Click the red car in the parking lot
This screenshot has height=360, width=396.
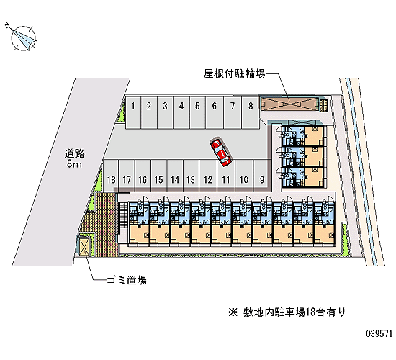pos(221,153)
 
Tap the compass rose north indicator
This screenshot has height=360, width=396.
pos(22,38)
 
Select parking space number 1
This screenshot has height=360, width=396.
pos(133,112)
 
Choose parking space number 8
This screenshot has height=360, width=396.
pos(251,112)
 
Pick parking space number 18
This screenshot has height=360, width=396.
pos(111,176)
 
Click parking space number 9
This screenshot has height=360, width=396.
pos(262,176)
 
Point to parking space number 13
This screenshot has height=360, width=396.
pos(191,176)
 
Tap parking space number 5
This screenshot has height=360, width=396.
pos(197,112)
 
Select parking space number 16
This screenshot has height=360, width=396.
pos(143,176)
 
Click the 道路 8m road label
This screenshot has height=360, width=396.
pos(74,158)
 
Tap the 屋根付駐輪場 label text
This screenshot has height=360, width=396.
pos(235,73)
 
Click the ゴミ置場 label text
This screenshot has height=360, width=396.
pos(127,280)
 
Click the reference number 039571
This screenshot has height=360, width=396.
pos(379,333)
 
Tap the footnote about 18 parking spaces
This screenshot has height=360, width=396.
pos(287,312)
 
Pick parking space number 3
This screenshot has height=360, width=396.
pos(165,112)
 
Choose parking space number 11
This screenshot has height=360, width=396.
pos(226,176)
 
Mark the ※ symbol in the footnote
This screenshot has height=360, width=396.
pos(233,312)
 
